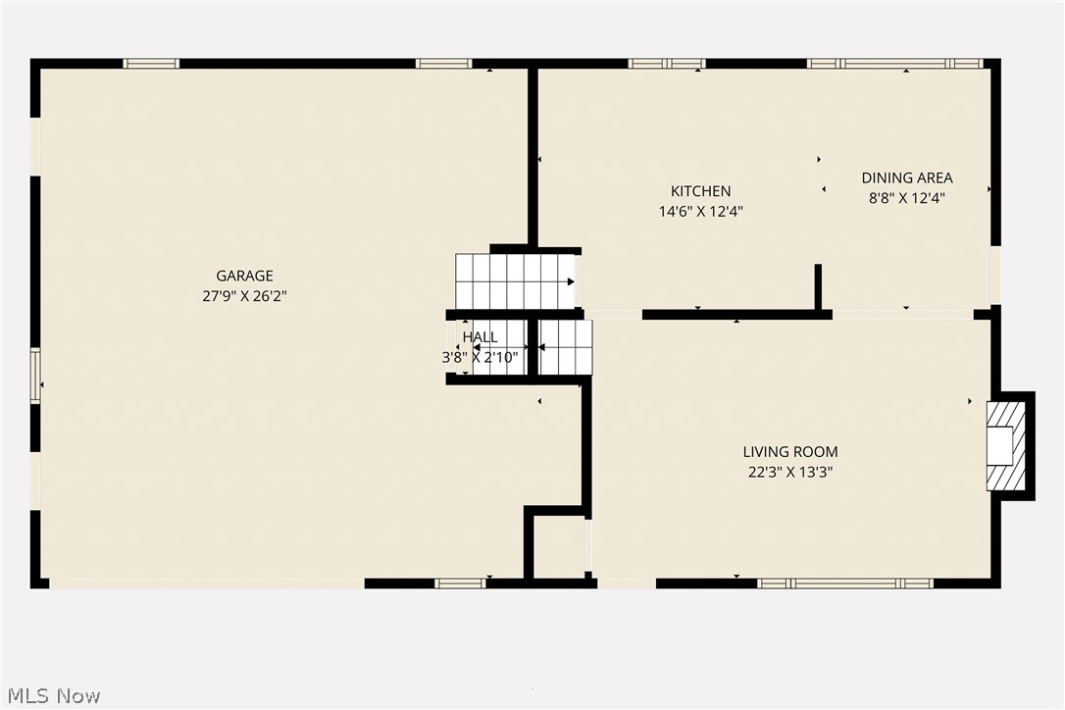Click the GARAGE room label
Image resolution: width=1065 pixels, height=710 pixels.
tap(244, 276)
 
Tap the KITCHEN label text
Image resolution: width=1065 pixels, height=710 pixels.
tap(700, 191)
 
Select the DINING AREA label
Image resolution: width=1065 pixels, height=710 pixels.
tap(907, 177)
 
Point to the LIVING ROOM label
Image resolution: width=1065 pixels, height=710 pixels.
tap(790, 452)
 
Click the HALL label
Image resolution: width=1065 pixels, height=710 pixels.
tap(480, 337)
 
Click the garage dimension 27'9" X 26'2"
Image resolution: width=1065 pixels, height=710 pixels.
tap(244, 295)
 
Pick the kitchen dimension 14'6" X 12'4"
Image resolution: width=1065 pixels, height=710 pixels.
tap(700, 211)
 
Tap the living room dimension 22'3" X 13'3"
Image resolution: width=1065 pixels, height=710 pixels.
tap(790, 472)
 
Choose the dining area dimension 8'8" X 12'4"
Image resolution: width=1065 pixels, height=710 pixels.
tap(907, 197)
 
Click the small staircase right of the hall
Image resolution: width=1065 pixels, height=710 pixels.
tap(566, 347)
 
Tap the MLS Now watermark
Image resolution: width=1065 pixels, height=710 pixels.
tap(51, 696)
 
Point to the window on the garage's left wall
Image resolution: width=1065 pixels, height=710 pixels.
tap(35, 376)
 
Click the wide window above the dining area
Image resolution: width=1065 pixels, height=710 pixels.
tap(894, 64)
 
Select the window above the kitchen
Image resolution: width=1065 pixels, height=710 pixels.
tap(667, 64)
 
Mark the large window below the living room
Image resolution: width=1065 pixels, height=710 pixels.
tap(844, 583)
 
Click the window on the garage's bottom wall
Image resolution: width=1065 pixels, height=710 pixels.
tap(460, 583)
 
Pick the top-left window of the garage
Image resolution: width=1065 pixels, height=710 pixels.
tap(151, 64)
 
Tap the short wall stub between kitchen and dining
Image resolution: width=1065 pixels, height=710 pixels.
tap(818, 286)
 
